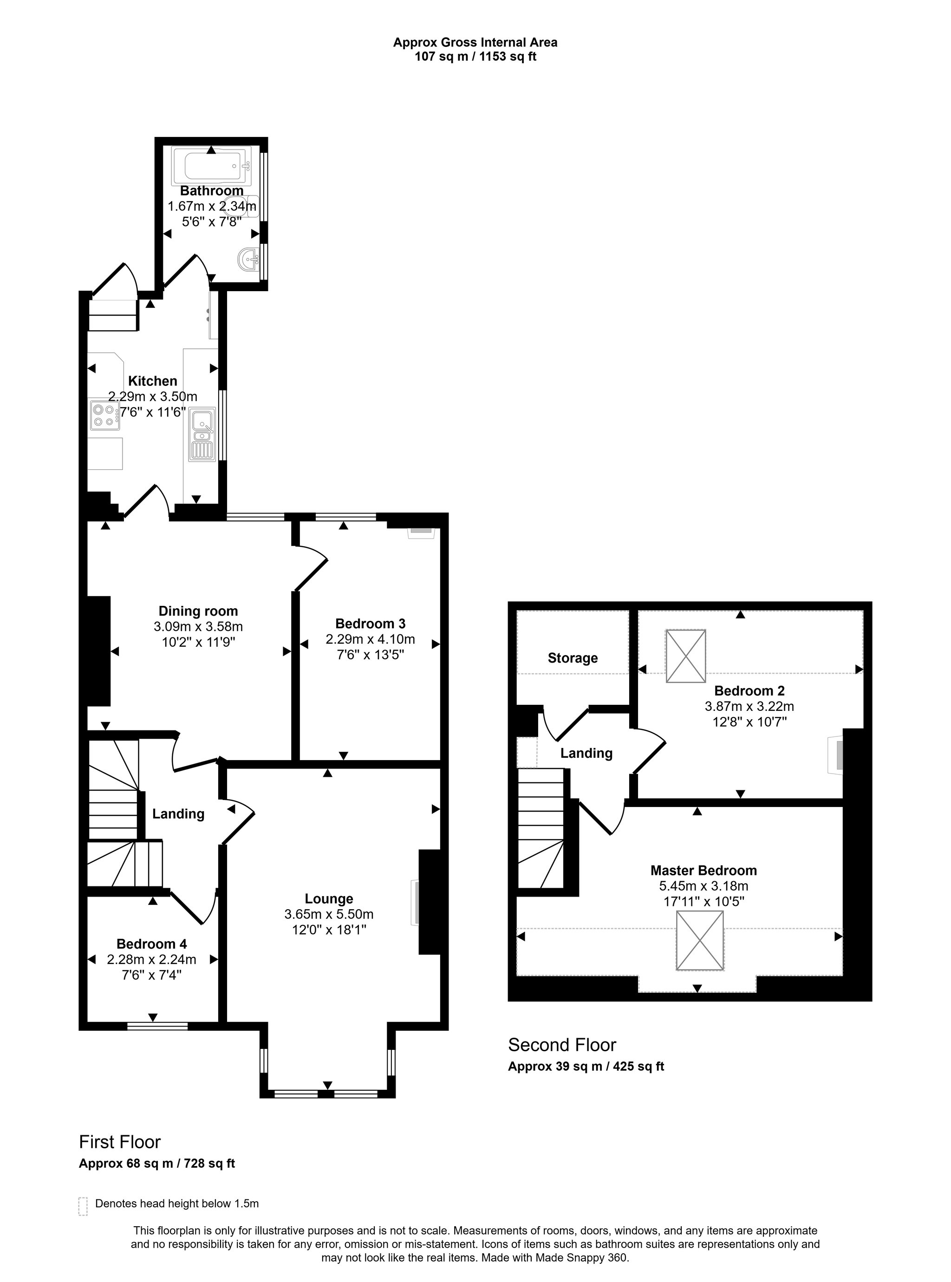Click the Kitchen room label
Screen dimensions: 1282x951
[153, 381]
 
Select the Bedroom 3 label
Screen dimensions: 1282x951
[370, 624]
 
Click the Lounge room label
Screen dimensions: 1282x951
[329, 898]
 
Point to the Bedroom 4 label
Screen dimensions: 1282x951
[151, 944]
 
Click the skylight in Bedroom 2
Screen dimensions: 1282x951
[685, 656]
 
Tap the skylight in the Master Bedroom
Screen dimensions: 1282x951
[699, 941]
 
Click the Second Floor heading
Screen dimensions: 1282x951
[562, 1045]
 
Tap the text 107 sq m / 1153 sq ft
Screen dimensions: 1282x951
[475, 57]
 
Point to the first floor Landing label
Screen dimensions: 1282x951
[178, 813]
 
